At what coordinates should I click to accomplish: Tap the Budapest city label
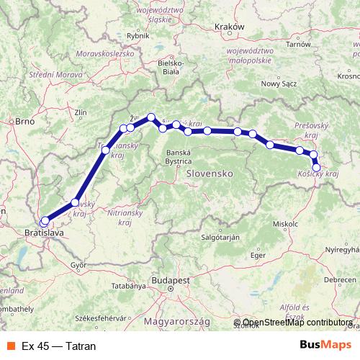(x=170, y=279)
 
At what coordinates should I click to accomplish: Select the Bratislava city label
(x=42, y=234)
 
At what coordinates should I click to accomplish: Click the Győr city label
(x=78, y=265)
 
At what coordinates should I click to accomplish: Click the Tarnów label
(x=316, y=43)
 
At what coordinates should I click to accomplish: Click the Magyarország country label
(x=179, y=320)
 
